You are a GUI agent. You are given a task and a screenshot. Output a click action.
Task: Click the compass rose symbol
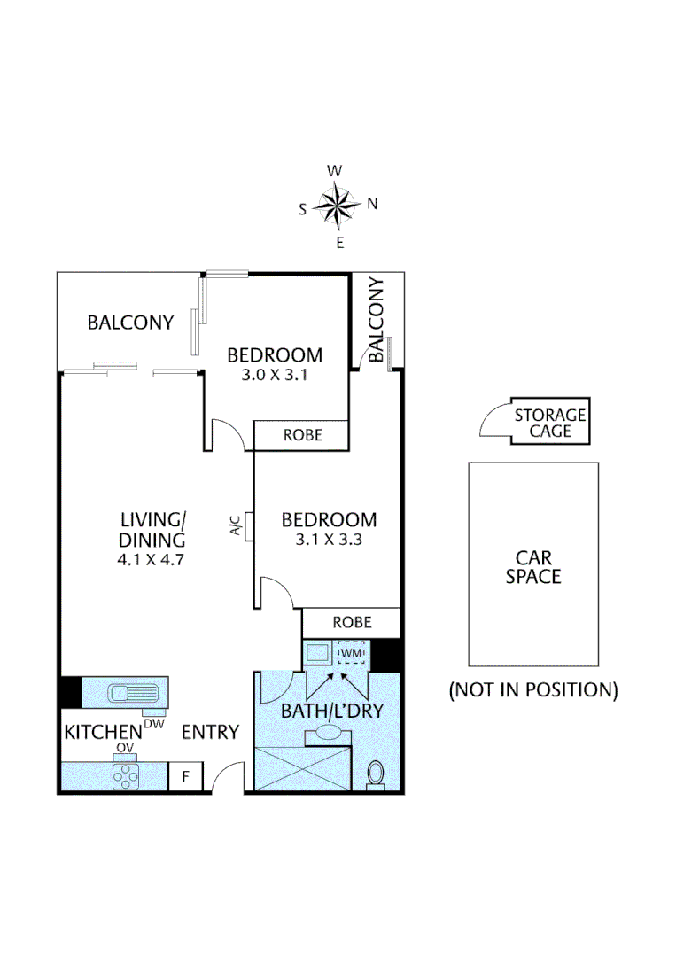coord(338,206)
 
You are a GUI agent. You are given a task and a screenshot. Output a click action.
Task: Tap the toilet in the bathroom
coord(375,774)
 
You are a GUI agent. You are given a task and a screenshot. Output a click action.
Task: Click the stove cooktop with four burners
coord(127,776)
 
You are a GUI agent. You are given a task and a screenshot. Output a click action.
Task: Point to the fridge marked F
coord(186,777)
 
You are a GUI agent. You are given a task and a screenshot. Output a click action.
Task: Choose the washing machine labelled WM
coord(352,653)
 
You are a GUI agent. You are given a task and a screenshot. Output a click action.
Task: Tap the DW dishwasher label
coord(154,723)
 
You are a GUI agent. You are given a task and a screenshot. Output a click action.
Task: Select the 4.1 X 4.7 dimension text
coord(152,560)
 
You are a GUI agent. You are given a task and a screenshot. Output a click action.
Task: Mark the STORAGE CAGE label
coord(550,423)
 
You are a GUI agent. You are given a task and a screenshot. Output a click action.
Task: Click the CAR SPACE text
coord(533,567)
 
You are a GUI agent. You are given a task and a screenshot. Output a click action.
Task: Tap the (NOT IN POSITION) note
coord(533,689)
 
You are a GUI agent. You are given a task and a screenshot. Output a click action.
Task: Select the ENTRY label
coord(211,732)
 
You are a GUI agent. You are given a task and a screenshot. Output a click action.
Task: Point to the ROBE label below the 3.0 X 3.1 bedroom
coord(302,435)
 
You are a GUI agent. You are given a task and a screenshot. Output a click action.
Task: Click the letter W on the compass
coord(335,170)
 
